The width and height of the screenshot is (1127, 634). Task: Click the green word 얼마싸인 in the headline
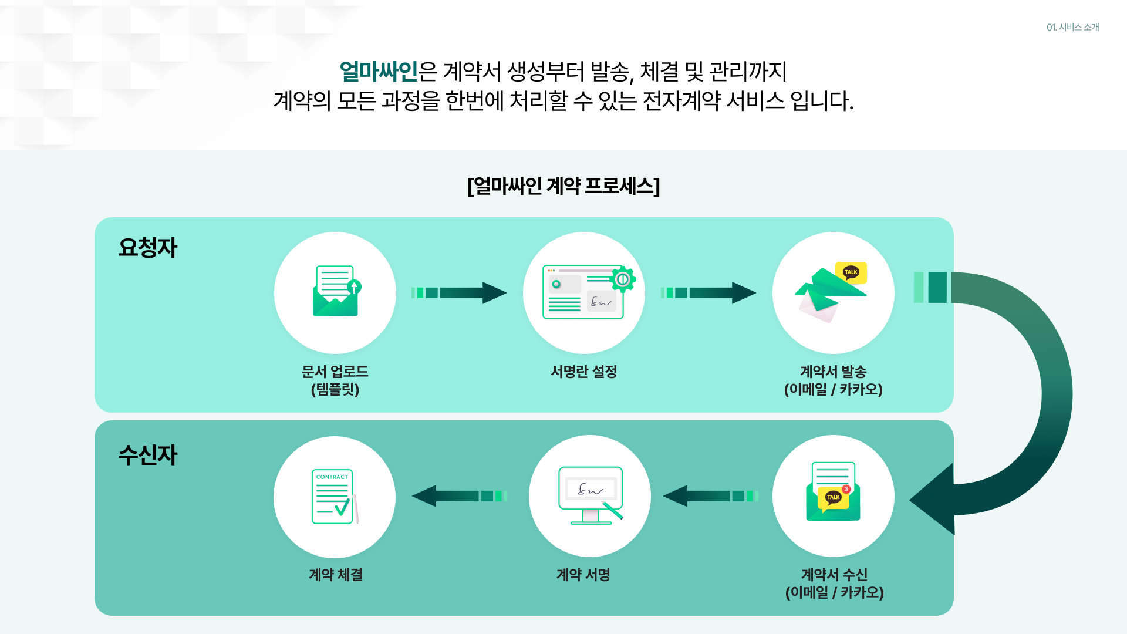(x=379, y=72)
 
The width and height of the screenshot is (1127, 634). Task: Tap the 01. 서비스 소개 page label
(x=1072, y=28)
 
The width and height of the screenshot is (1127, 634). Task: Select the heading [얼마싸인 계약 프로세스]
(x=563, y=186)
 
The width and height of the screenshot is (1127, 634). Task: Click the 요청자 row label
(x=147, y=248)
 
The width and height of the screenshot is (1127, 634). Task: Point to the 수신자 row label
(x=147, y=455)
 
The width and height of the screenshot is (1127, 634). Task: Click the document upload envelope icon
(x=336, y=292)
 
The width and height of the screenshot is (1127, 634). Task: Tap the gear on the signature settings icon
(x=622, y=279)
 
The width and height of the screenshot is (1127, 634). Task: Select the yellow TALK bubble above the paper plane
(x=851, y=272)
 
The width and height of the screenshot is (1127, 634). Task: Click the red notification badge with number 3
(x=846, y=489)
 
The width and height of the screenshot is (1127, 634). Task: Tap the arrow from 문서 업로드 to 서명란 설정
(x=459, y=293)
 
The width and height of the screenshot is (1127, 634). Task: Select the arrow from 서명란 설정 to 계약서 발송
(x=708, y=293)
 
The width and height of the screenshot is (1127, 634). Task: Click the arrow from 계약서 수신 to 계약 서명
(x=710, y=496)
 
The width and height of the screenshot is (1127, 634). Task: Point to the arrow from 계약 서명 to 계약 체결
(x=459, y=496)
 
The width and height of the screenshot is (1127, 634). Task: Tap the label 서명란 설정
(x=583, y=372)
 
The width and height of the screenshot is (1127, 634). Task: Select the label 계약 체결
(x=335, y=575)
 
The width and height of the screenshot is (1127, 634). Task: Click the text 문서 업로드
(x=335, y=372)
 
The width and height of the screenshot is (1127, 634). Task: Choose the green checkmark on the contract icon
(x=342, y=507)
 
